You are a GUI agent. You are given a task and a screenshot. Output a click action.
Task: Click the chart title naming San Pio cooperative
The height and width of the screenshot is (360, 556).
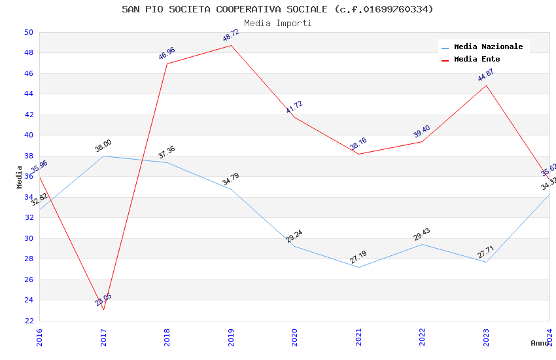click(277, 9)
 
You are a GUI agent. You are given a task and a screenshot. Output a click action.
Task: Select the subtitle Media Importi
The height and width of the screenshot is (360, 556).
click(277, 24)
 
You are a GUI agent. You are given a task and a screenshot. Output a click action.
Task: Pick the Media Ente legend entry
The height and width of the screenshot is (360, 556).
click(477, 60)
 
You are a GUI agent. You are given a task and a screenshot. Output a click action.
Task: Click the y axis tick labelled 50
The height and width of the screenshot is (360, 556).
click(28, 32)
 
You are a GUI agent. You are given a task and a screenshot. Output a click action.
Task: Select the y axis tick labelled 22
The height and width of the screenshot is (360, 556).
click(28, 321)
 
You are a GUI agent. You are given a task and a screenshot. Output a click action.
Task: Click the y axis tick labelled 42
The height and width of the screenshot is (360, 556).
click(28, 115)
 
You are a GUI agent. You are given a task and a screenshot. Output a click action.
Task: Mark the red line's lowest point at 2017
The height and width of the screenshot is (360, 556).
click(103, 310)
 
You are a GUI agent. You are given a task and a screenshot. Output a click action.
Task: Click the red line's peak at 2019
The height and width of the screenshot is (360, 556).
click(231, 45)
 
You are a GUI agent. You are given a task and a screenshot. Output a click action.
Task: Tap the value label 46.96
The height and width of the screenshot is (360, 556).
click(167, 54)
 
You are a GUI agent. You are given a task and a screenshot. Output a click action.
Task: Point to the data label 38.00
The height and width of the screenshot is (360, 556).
click(103, 146)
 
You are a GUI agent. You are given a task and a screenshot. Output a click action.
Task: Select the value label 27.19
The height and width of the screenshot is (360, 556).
click(358, 257)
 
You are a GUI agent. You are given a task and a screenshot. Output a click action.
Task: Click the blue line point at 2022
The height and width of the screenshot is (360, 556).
click(422, 244)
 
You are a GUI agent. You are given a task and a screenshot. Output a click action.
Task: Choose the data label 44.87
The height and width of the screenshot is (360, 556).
click(485, 75)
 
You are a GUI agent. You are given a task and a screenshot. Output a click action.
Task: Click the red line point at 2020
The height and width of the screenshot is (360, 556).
click(294, 117)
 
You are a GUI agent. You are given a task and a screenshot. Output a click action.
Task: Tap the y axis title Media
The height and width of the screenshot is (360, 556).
click(19, 177)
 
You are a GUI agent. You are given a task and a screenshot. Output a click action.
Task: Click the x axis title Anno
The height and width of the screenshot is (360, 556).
click(540, 343)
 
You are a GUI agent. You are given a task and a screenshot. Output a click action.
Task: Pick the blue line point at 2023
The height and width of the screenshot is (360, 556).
click(486, 262)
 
